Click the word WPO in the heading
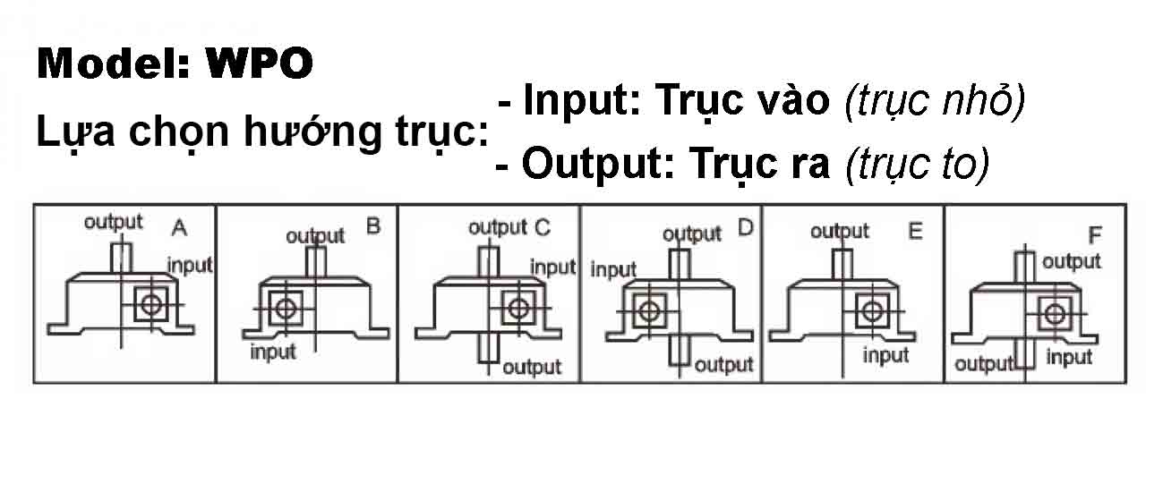[x=260, y=64]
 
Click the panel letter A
[x=179, y=229]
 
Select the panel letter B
[x=373, y=226]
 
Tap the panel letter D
[x=745, y=227]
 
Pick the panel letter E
[x=914, y=232]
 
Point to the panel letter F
[x=1094, y=236]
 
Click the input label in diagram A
[x=190, y=265]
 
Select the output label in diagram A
[x=113, y=222]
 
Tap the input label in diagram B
[x=273, y=352]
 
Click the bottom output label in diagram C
[x=532, y=367]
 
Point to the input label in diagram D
[x=613, y=269]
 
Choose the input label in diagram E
[x=886, y=356]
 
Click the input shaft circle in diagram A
[x=151, y=304]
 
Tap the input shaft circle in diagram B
[x=286, y=309]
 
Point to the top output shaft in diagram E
[x=842, y=263]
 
